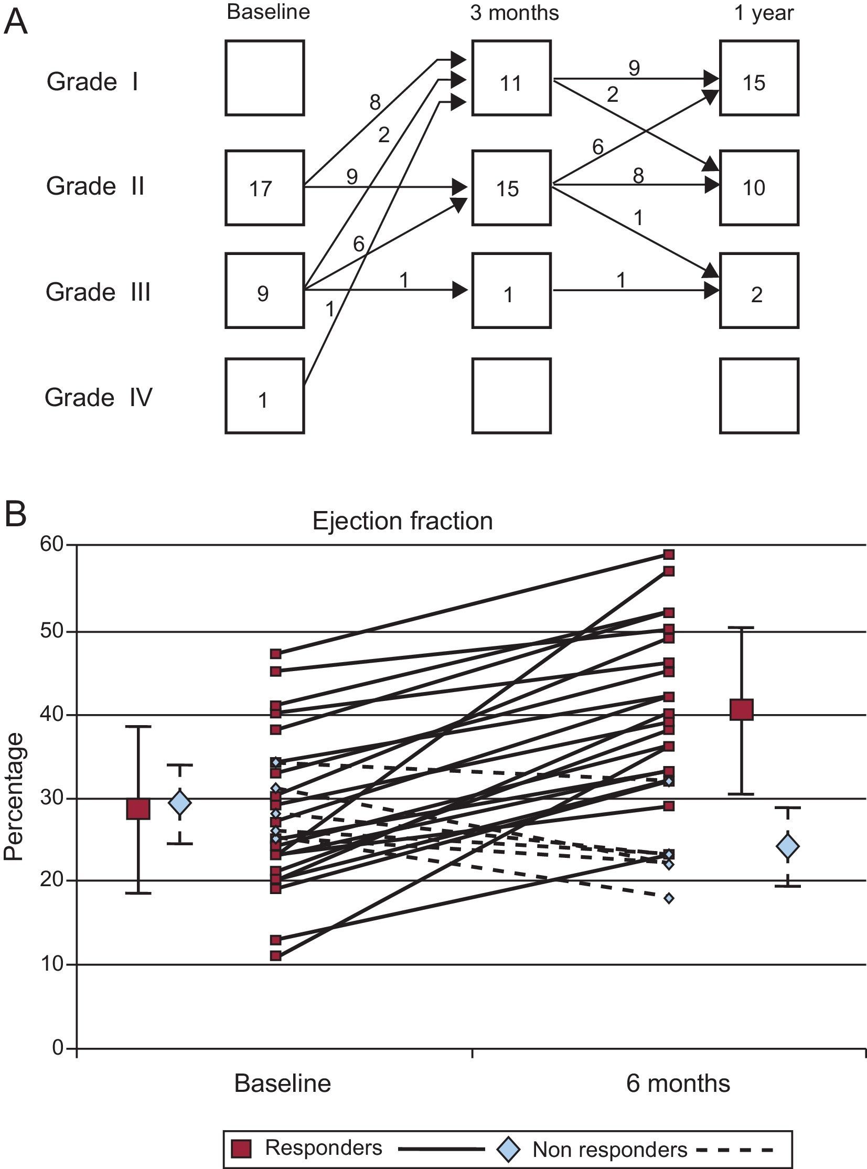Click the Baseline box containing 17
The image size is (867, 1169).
point(264,187)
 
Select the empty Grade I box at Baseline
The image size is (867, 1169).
point(264,78)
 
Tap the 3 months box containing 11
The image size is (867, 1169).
point(511,78)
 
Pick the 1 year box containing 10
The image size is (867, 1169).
point(759,187)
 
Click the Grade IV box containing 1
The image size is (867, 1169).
point(264,396)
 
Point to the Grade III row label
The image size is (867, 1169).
point(98,292)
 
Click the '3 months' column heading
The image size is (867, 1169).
point(515,13)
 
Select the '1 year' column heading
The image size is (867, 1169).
point(764,13)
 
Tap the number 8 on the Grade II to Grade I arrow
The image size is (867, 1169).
point(374,102)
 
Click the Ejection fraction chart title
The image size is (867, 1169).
point(402,521)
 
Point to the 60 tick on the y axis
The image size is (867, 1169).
point(51,544)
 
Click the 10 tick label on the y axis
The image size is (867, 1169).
point(51,964)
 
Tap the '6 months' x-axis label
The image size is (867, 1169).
point(678,1083)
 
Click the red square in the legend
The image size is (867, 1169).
point(241,1149)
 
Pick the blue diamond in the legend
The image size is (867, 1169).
point(508,1149)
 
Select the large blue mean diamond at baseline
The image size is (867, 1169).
point(179,803)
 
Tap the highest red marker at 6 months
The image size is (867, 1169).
point(669,555)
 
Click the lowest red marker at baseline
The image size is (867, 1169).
point(275,956)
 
